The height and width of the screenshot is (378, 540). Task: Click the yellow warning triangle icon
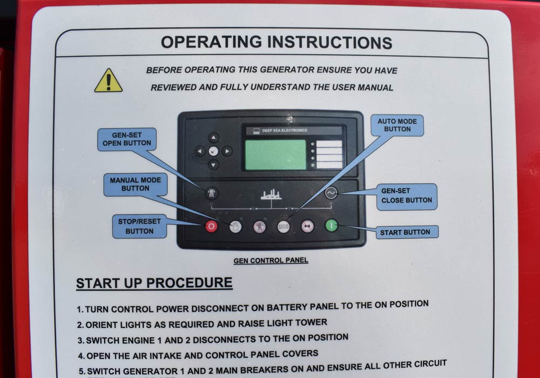109,81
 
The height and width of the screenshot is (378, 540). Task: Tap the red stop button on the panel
211,226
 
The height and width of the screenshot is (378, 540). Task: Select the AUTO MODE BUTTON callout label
397,125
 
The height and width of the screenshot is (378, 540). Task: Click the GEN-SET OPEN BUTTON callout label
127,139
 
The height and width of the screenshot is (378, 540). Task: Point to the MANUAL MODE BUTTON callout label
136,184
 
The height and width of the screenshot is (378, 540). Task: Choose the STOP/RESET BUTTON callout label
139,226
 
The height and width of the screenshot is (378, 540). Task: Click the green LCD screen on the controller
275,154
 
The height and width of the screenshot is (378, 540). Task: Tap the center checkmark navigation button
213,151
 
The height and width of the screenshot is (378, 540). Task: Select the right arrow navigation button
227,151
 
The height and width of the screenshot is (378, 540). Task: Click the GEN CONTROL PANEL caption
271,261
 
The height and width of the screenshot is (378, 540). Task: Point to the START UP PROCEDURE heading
154,283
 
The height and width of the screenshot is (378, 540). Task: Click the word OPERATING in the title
212,42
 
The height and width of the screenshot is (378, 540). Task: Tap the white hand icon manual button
235,226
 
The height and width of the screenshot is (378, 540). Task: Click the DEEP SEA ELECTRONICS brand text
285,130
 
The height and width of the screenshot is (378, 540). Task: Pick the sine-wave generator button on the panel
331,193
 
